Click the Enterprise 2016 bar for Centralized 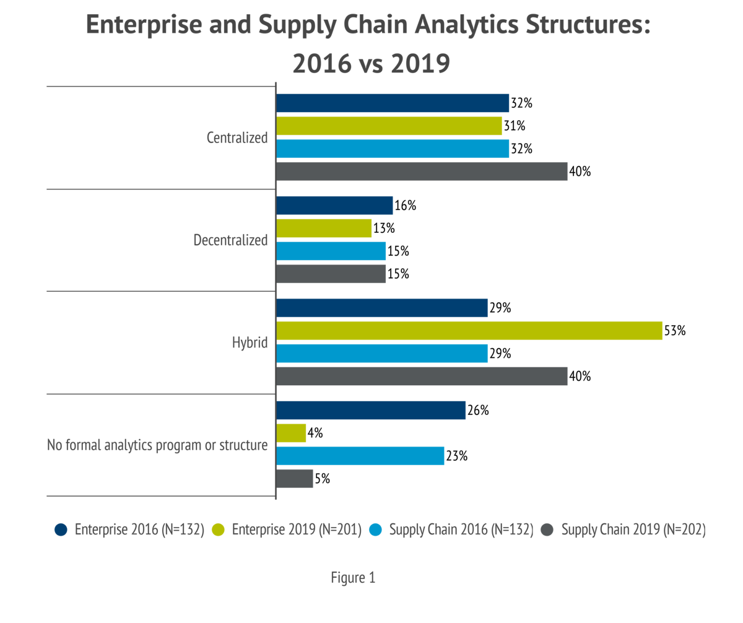point(393,103)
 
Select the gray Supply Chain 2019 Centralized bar point(422,172)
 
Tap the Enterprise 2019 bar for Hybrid point(469,331)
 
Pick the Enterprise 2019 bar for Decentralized point(324,229)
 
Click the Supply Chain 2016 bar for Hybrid point(382,354)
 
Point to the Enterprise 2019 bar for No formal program point(291,433)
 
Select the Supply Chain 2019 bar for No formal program point(295,479)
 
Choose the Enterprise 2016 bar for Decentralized point(334,206)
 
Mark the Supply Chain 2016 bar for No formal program point(360,456)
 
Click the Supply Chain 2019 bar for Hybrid point(422,377)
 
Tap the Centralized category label point(237,137)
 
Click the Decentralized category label point(230,240)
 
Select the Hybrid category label point(250,342)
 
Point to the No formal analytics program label point(157,445)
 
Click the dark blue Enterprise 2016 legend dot point(60,530)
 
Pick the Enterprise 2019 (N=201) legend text point(297,530)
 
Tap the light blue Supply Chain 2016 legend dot point(375,530)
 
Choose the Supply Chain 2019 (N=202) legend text point(633,530)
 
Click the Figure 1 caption point(353,578)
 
